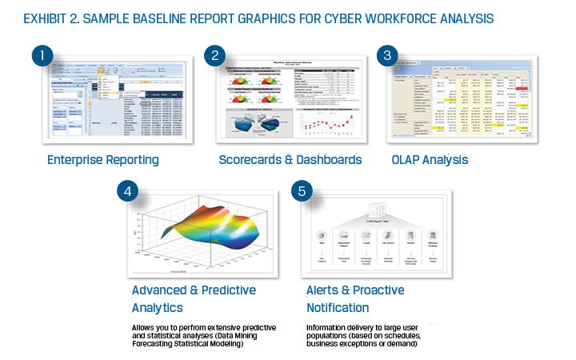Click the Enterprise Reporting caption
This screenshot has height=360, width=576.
pyautogui.click(x=102, y=160)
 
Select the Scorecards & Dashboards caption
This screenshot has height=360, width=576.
pyautogui.click(x=290, y=160)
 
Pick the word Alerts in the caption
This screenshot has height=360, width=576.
pyautogui.click(x=325, y=290)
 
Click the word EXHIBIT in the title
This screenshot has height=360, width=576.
pyautogui.click(x=50, y=18)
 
